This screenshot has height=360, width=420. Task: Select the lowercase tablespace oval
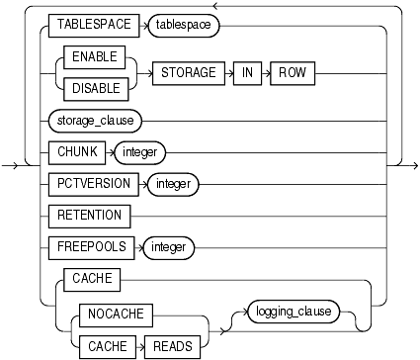pyautogui.click(x=182, y=25)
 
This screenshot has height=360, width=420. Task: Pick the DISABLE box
pyautogui.click(x=89, y=88)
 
